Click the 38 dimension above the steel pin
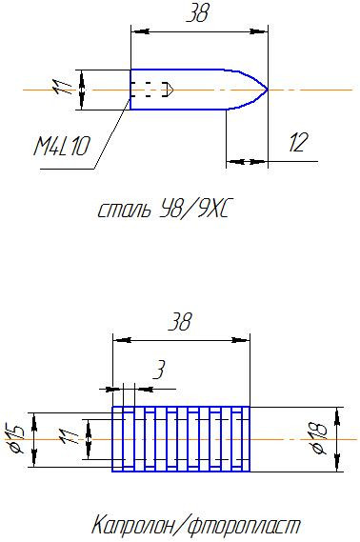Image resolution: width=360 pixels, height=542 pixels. click(198, 14)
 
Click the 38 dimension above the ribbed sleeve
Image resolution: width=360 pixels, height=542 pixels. click(180, 322)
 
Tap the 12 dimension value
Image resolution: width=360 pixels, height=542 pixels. click(297, 143)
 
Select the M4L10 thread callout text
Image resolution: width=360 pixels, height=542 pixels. click(61, 146)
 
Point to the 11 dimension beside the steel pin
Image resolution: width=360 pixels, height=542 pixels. click(62, 87)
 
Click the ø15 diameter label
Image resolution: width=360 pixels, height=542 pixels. click(15, 439)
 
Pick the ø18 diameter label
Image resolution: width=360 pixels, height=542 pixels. click(319, 438)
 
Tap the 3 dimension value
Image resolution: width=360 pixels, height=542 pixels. click(159, 370)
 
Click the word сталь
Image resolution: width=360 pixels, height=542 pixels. click(125, 211)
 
